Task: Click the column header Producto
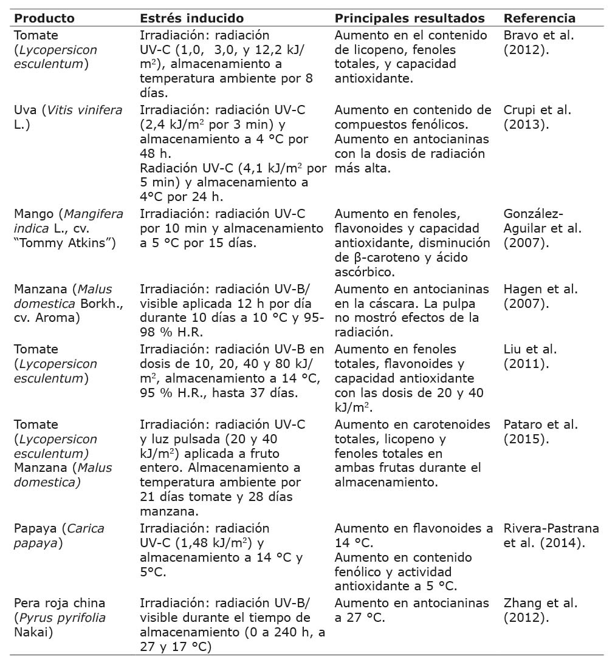[x=44, y=18]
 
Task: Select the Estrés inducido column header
[x=191, y=18]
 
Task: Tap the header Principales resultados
[x=410, y=18]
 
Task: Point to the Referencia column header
[x=540, y=18]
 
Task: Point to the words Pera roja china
[x=59, y=603]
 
